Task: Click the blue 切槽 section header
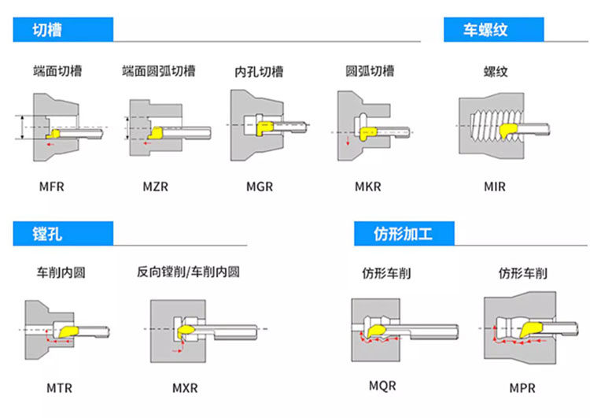[63, 30]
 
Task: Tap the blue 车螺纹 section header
[494, 30]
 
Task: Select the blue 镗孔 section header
[63, 234]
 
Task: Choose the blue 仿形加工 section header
[404, 234]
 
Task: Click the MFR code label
[52, 187]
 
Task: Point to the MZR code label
[156, 187]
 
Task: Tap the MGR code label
[260, 187]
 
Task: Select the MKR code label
[368, 187]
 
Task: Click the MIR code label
[495, 187]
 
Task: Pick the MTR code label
[59, 388]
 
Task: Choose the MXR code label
[185, 388]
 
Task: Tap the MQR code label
[382, 386]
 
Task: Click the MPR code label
[522, 388]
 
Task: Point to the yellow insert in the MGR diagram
[264, 128]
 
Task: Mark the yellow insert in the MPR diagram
[530, 330]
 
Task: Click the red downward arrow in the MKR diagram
[348, 141]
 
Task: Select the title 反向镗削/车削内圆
[188, 272]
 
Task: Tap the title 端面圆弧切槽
[159, 71]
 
